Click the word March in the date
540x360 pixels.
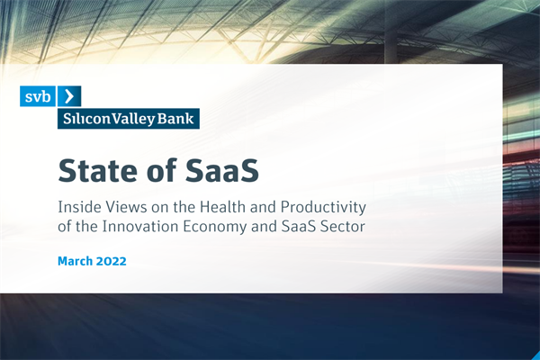click(x=77, y=261)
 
